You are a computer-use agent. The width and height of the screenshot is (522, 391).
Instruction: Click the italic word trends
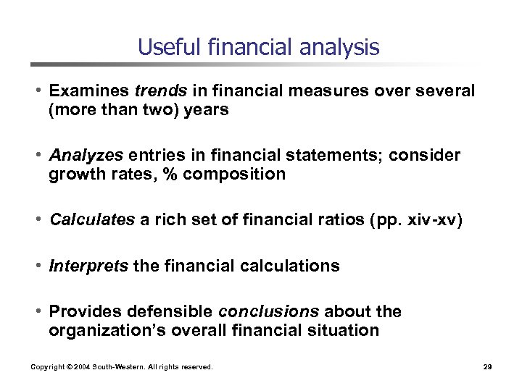click(x=156, y=91)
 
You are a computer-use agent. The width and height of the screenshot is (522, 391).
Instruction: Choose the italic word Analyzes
click(x=87, y=156)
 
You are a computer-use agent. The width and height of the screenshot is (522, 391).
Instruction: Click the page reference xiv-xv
click(x=434, y=220)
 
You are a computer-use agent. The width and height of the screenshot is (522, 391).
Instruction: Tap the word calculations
click(x=291, y=266)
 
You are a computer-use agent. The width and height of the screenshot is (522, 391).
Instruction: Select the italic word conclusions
click(x=268, y=311)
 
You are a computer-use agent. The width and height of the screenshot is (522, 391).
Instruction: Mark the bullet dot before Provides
click(x=41, y=311)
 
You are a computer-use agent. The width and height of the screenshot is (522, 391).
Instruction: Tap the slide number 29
click(x=487, y=367)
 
